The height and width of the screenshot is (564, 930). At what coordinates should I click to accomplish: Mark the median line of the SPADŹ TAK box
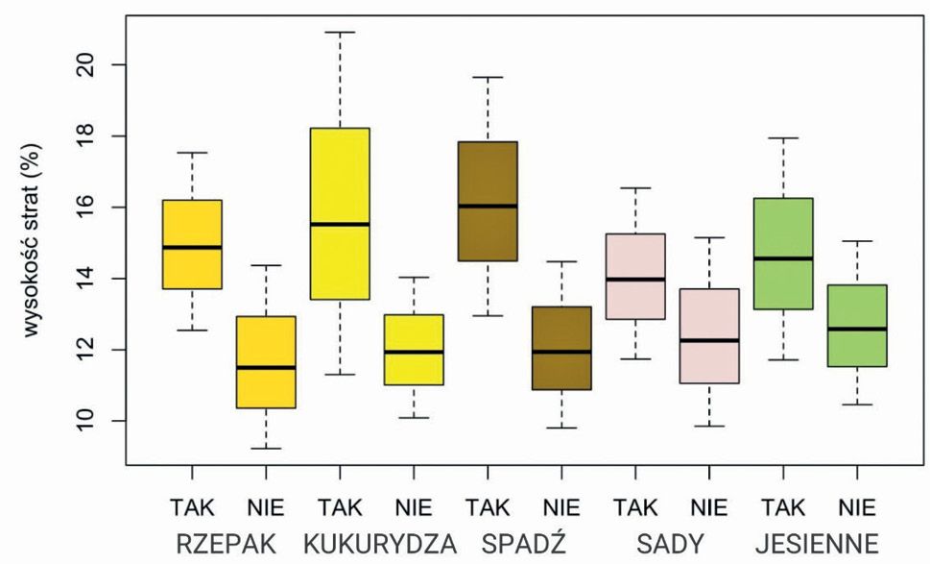[x=489, y=206]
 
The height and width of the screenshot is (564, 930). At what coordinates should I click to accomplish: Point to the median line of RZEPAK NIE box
[x=266, y=367]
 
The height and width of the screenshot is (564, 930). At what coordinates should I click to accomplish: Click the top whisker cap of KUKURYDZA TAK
[x=341, y=33]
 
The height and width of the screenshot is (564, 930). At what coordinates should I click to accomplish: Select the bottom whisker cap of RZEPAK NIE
[x=266, y=448]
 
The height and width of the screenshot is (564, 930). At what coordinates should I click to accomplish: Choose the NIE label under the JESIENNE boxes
[x=856, y=507]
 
